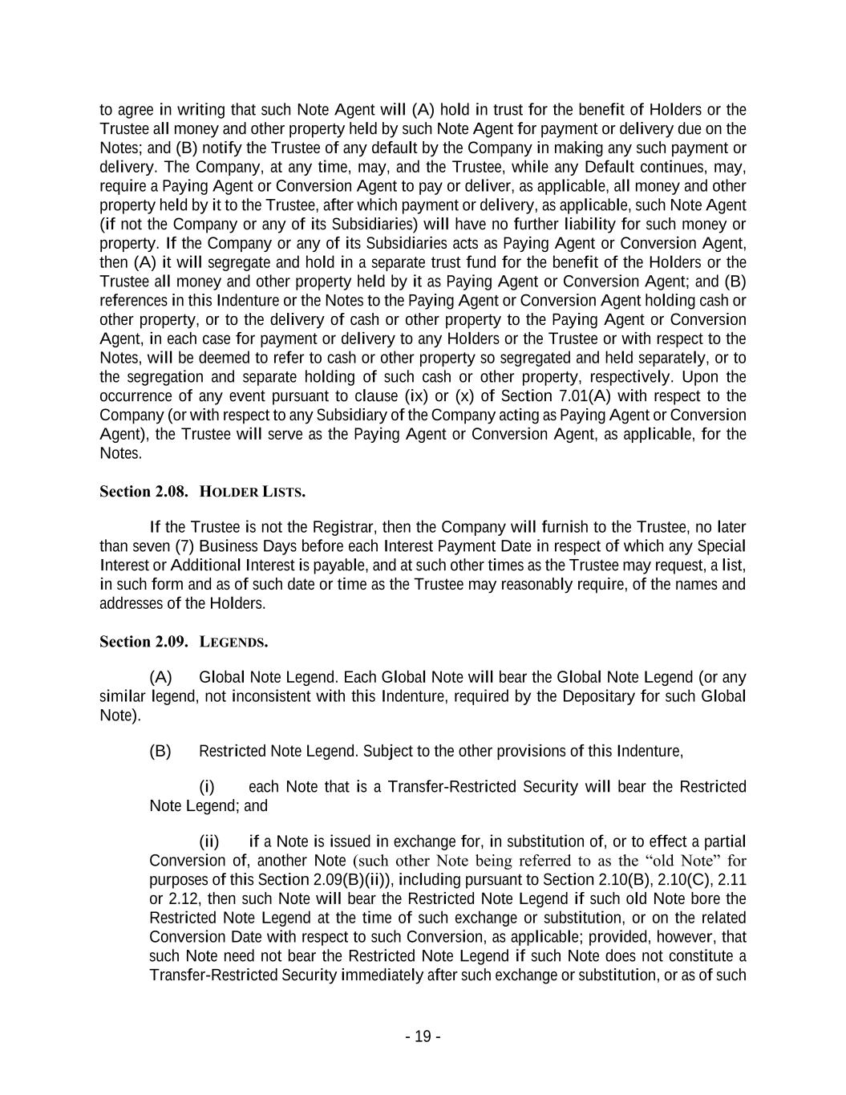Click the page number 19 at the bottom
[x=423, y=1036]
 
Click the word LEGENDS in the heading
[x=233, y=642]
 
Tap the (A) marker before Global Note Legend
[x=160, y=676]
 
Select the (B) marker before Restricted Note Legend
[x=160, y=751]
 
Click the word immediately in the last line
[x=383, y=975]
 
